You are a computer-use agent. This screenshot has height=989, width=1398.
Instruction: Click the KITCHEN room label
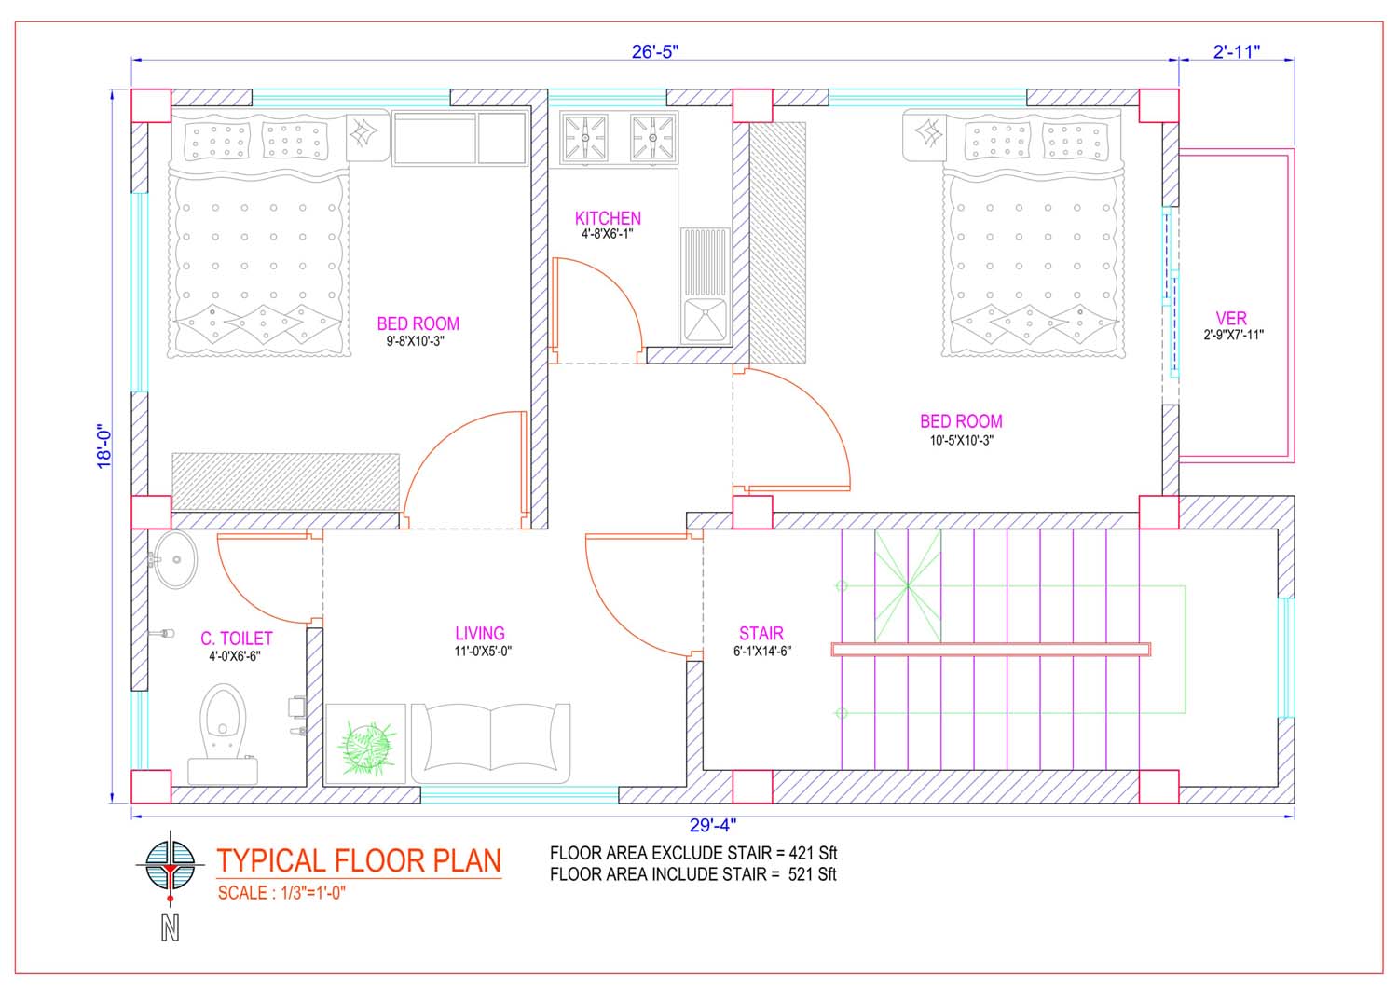(608, 218)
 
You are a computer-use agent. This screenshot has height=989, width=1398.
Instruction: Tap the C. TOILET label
(237, 639)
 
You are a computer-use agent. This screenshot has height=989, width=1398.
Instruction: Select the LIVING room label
(479, 633)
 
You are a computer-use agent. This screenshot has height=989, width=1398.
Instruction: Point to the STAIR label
(761, 633)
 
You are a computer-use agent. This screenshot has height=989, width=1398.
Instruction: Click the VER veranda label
(1231, 319)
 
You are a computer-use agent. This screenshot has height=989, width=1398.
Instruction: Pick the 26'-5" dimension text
(654, 52)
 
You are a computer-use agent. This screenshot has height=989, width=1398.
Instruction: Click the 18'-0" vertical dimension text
(103, 446)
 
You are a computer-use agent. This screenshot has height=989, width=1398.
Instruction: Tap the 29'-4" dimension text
(713, 826)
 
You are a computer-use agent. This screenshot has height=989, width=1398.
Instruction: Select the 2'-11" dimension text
(1237, 52)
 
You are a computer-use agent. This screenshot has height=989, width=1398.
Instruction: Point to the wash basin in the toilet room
(175, 559)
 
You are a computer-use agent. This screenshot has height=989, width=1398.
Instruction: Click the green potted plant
(366, 748)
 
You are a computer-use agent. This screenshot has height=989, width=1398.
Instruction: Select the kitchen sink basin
(706, 320)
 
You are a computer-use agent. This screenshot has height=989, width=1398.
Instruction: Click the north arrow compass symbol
(170, 868)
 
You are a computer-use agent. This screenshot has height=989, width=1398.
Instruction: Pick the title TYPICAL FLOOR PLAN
(359, 861)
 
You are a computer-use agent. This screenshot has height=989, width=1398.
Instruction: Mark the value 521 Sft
(812, 874)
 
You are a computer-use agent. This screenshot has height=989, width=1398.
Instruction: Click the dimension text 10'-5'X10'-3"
(961, 440)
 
